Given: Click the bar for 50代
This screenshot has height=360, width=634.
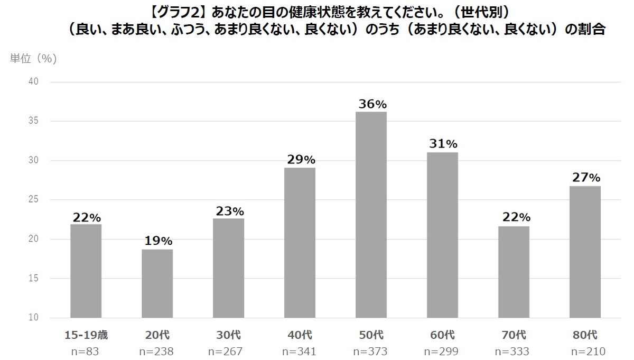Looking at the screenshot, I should pos(371,215).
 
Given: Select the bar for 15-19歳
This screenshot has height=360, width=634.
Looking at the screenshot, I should pos(86,271).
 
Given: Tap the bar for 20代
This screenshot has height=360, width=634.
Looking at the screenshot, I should pos(157,283).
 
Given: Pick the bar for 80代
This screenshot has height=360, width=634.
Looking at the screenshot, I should pos(585,252).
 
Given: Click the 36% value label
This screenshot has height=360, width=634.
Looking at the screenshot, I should pos(371,104).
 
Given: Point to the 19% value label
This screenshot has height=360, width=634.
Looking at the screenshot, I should pos(157,241).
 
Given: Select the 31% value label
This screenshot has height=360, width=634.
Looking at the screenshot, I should pos(443,144).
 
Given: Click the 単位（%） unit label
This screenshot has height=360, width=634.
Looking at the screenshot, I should pos(33,59).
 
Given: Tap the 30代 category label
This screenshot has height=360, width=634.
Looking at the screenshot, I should pos(228,335).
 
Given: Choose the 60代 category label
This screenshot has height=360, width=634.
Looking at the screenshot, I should pos(442,335).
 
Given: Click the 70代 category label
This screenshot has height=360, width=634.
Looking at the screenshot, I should pos(514,335).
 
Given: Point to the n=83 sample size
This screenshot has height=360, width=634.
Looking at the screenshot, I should pos(86,351).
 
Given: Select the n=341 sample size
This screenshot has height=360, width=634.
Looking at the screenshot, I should pos(300,351).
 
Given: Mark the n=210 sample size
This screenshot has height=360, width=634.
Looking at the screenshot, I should pos(585,351).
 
